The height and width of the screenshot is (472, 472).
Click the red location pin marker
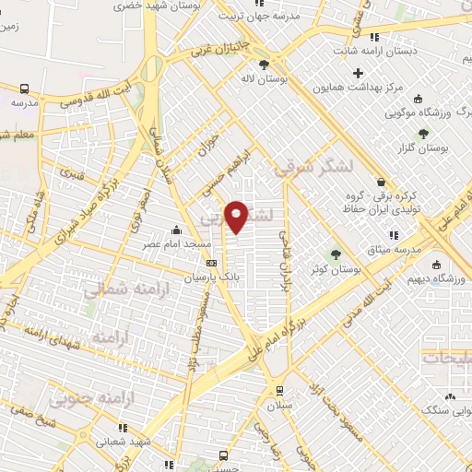pos(237,217)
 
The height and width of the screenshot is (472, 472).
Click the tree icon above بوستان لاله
pos(265,64)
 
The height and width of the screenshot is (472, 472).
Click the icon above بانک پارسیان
pos(211,263)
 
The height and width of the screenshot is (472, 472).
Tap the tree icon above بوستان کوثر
pos(336,254)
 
